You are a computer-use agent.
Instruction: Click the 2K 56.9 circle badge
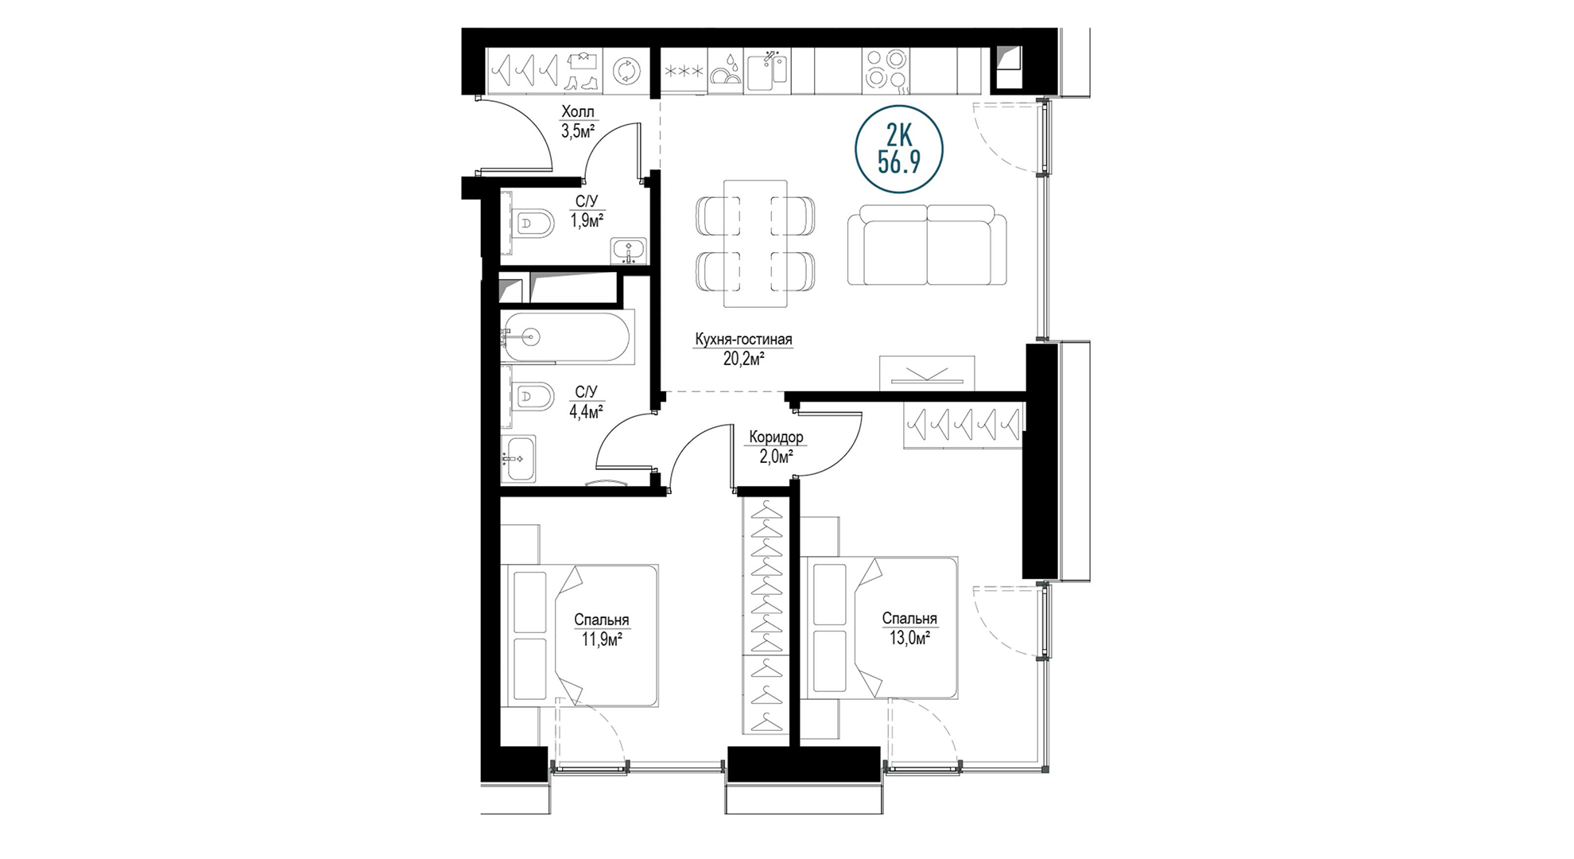(x=899, y=150)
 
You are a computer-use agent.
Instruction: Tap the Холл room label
(x=577, y=111)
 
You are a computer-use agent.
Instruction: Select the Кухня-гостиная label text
(x=743, y=340)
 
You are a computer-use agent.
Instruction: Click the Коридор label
(x=776, y=437)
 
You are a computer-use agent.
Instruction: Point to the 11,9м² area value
(x=602, y=639)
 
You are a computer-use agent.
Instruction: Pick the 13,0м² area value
(x=909, y=637)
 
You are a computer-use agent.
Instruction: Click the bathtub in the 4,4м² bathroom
(x=568, y=337)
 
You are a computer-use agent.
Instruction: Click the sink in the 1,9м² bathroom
(x=628, y=251)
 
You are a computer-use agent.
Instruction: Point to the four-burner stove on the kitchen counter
(x=886, y=70)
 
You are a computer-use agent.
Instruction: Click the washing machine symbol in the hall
(x=626, y=72)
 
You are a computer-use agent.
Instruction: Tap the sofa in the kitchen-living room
(x=927, y=245)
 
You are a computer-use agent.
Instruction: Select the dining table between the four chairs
(x=755, y=243)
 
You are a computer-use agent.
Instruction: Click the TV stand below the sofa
(x=927, y=373)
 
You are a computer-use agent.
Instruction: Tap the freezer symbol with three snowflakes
(x=684, y=72)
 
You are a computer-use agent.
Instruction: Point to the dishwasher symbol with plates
(x=724, y=70)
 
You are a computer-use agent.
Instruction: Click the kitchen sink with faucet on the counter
(x=767, y=70)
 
